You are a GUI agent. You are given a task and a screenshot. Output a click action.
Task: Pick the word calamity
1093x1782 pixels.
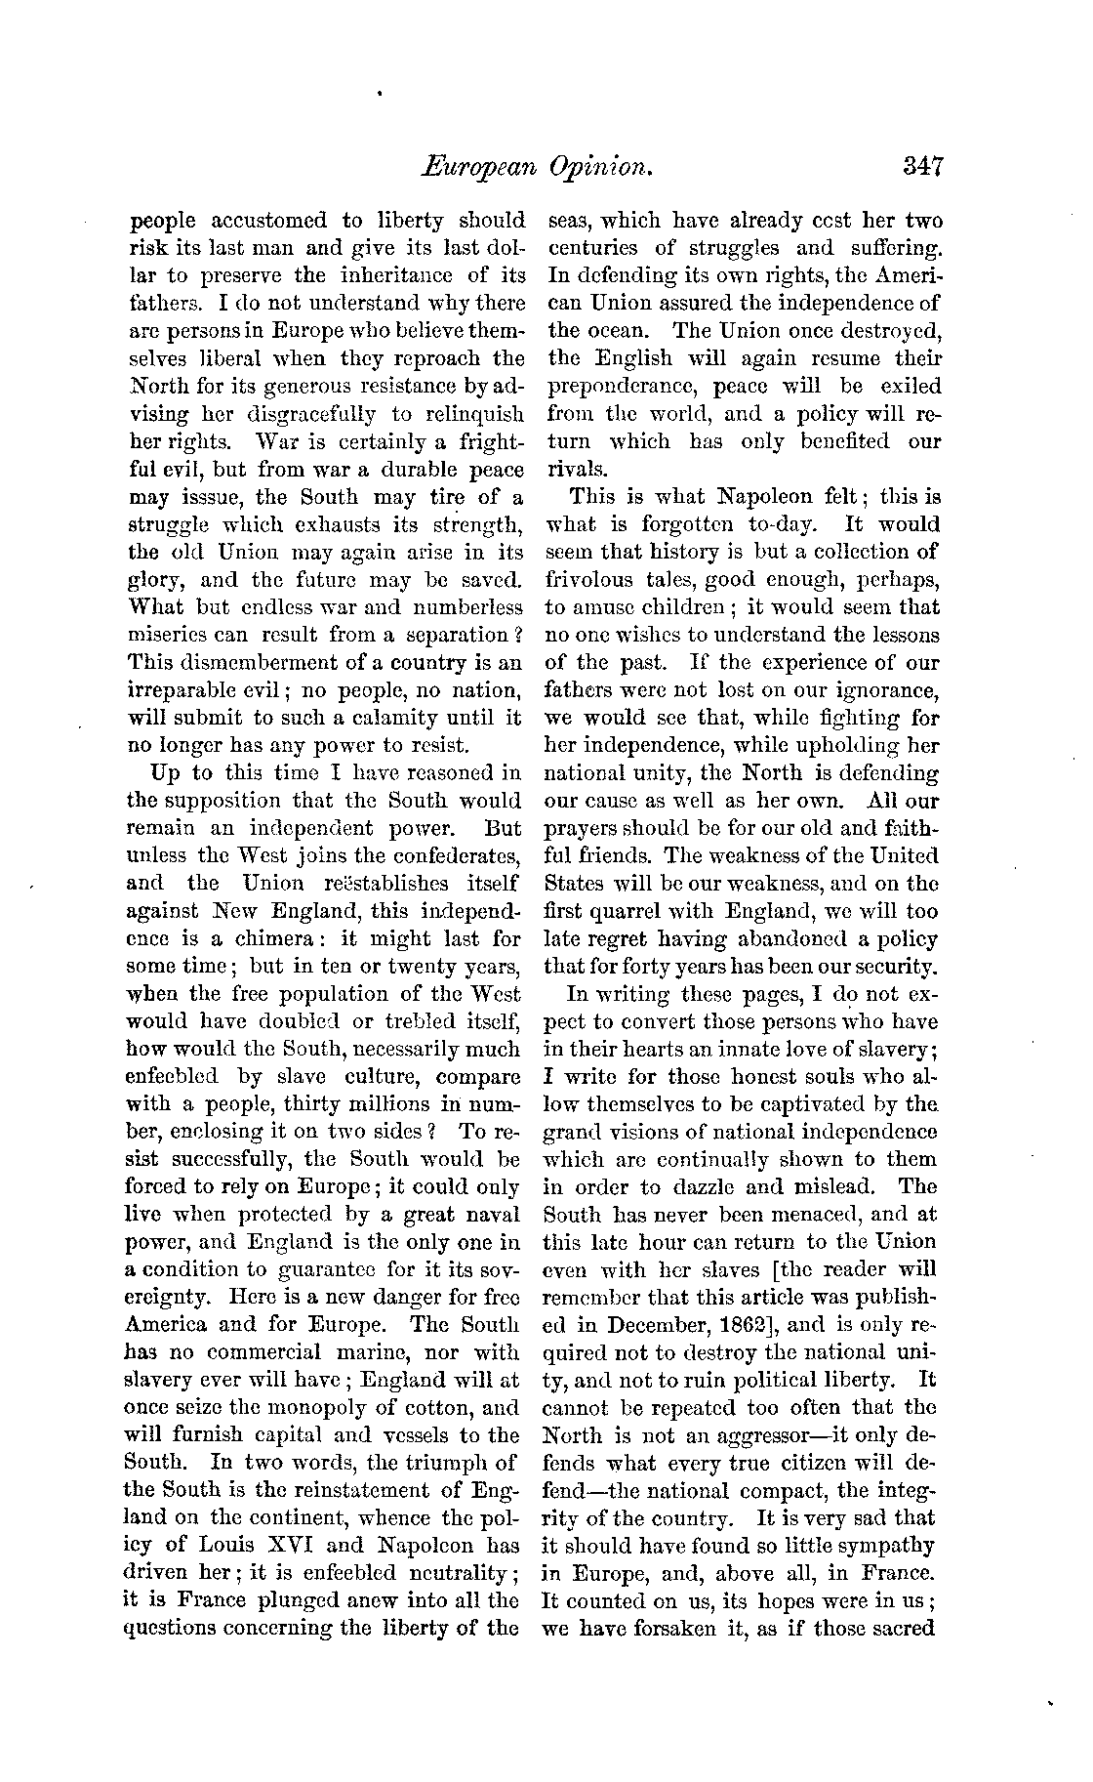pos(399,718)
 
